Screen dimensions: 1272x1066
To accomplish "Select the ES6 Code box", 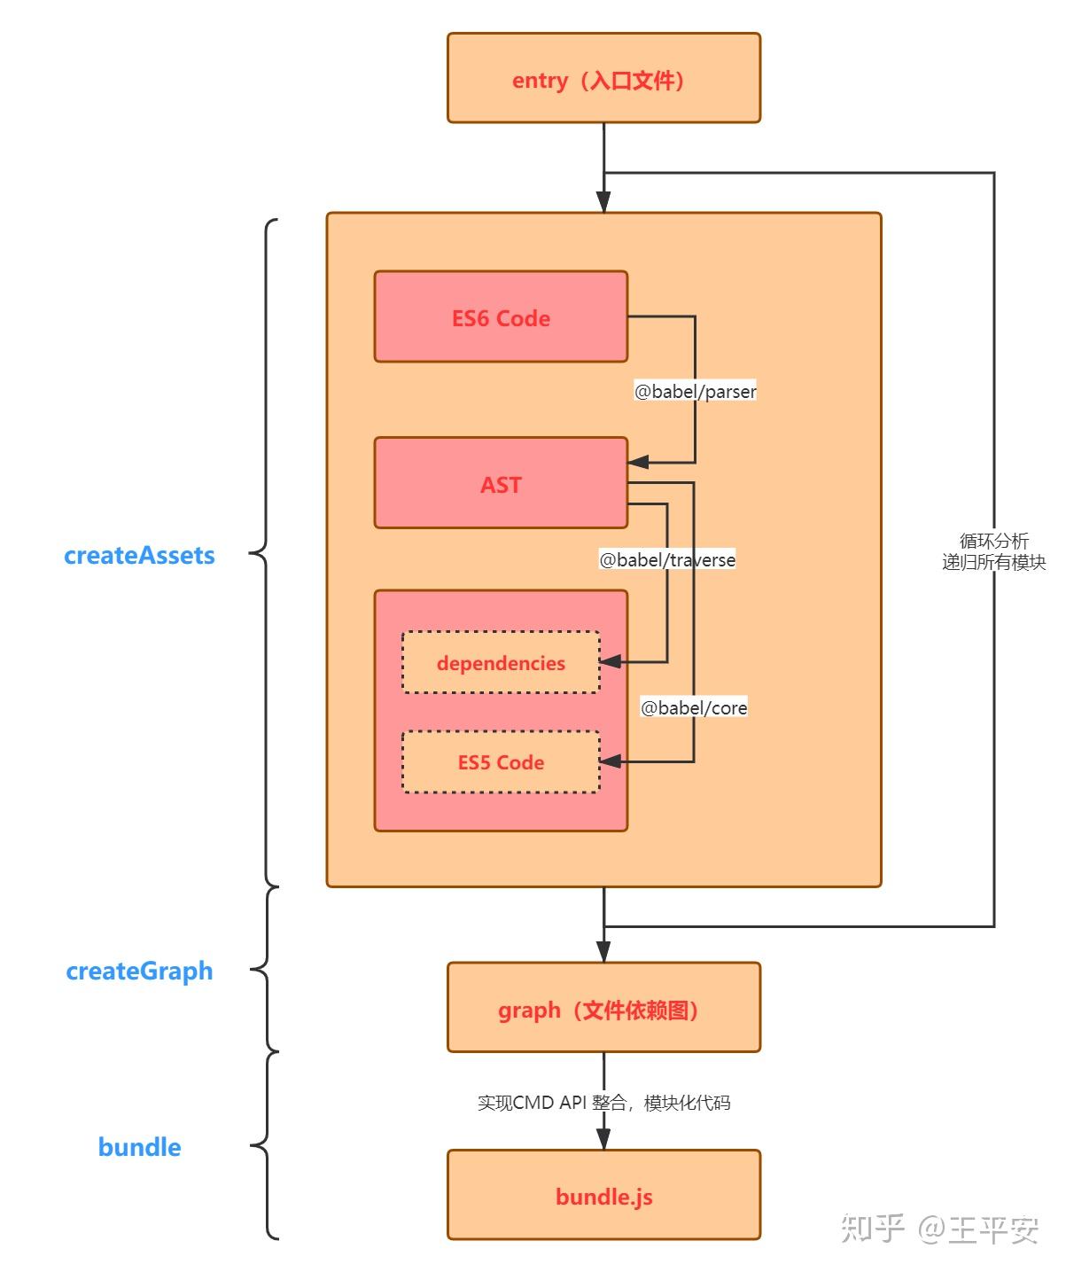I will click(x=501, y=317).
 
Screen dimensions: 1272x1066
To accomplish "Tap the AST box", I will click(x=501, y=483).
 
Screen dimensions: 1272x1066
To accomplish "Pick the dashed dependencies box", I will click(x=501, y=662).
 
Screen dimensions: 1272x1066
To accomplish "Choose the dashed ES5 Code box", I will click(x=501, y=761).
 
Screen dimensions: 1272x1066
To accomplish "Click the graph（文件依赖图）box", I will click(x=603, y=1008).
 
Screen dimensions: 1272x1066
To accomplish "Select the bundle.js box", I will click(x=603, y=1195).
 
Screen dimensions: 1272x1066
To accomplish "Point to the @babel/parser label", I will click(x=695, y=391).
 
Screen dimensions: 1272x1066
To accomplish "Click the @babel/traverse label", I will click(x=667, y=559).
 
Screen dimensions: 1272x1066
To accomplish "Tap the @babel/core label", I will click(x=694, y=707).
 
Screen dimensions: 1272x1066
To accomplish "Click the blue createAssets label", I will click(x=139, y=555).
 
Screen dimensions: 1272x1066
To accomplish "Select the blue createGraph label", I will click(x=139, y=971).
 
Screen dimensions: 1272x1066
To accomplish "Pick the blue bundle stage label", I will click(x=139, y=1146).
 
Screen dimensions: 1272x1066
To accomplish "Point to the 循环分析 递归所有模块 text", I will click(x=993, y=551).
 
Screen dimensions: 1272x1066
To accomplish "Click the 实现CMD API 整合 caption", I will click(x=603, y=1102).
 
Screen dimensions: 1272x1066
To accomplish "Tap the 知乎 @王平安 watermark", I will click(x=939, y=1229).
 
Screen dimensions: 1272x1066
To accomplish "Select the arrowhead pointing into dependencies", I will click(x=611, y=661).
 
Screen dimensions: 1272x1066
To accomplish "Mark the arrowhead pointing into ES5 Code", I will click(x=611, y=761).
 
